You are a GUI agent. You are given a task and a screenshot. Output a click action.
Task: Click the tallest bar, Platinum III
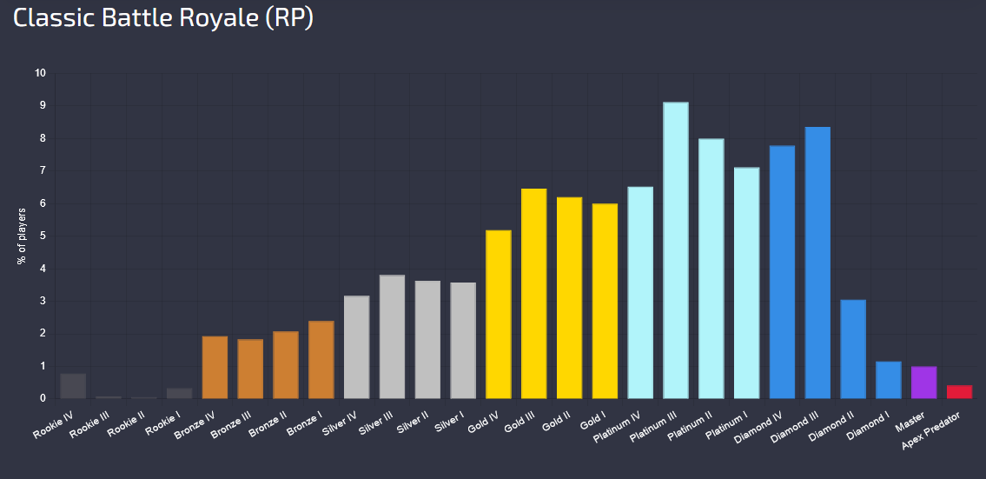click(675, 249)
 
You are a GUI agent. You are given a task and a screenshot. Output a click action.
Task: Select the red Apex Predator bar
click(959, 391)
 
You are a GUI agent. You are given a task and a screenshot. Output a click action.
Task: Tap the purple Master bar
click(923, 382)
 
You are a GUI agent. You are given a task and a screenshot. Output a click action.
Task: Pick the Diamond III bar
click(817, 263)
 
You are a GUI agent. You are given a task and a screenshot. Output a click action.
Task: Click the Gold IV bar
click(499, 314)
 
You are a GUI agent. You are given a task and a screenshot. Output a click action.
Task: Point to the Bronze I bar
click(321, 359)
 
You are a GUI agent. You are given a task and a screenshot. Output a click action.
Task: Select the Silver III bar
click(393, 336)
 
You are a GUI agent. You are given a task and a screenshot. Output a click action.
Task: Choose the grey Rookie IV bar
click(73, 386)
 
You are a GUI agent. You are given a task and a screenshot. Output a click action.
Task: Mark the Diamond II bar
click(853, 349)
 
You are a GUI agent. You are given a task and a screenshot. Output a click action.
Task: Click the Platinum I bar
click(746, 283)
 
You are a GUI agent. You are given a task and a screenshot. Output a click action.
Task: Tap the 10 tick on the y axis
click(41, 73)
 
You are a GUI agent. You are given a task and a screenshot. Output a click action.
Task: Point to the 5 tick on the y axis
click(43, 236)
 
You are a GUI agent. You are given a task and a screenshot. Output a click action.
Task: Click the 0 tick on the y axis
click(43, 398)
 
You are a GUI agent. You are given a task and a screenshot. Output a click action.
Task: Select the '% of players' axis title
click(22, 236)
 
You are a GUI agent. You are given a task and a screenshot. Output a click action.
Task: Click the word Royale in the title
click(219, 17)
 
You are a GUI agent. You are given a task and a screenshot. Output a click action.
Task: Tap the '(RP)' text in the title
click(288, 18)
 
